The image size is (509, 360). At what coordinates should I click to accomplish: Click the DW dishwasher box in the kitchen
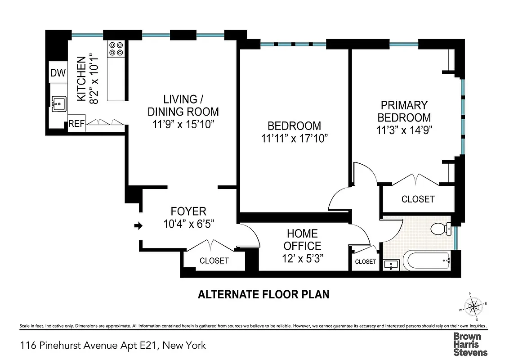pyautogui.click(x=58, y=73)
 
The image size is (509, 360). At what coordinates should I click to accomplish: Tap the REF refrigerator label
pyautogui.click(x=76, y=124)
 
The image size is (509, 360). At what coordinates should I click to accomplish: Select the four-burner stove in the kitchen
pyautogui.click(x=116, y=49)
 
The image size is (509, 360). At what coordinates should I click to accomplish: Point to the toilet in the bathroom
pyautogui.click(x=440, y=229)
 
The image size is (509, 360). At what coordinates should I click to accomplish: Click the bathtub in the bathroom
pyautogui.click(x=426, y=260)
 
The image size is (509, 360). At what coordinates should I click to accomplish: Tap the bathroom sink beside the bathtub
pyautogui.click(x=392, y=265)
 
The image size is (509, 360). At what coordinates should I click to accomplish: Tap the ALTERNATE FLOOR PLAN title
pyautogui.click(x=264, y=295)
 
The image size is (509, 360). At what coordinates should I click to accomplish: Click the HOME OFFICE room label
pyautogui.click(x=302, y=240)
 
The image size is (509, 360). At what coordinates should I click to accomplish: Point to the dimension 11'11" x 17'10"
pyautogui.click(x=294, y=139)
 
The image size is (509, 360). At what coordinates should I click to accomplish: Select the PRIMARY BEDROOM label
pyautogui.click(x=404, y=112)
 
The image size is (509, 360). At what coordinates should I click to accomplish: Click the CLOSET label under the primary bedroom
pyautogui.click(x=418, y=199)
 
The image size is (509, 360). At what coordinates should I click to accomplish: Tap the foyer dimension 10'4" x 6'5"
pyautogui.click(x=188, y=224)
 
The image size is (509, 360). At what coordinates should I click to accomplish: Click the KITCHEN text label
pyautogui.click(x=81, y=79)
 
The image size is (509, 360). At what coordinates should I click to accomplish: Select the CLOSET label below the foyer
pyautogui.click(x=214, y=261)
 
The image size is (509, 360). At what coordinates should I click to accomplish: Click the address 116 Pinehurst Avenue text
pyautogui.click(x=113, y=346)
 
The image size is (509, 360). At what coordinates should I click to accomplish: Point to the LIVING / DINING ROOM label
pyautogui.click(x=183, y=105)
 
